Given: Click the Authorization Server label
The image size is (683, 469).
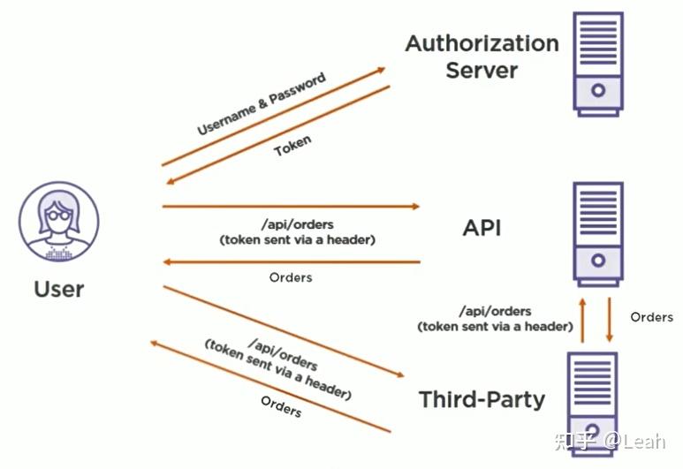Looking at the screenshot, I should pyautogui.click(x=482, y=57).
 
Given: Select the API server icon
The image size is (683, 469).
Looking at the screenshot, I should pyautogui.click(x=598, y=232).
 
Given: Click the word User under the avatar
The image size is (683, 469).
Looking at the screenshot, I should pyautogui.click(x=59, y=289).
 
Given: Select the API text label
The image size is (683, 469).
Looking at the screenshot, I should pyautogui.click(x=482, y=228).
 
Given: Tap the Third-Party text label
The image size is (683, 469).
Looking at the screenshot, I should pyautogui.click(x=482, y=399).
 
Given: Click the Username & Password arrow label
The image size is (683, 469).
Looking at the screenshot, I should pyautogui.click(x=262, y=104).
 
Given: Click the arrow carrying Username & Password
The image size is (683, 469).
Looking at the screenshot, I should pyautogui.click(x=274, y=117).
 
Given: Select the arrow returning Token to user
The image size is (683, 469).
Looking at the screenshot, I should pyautogui.click(x=279, y=134).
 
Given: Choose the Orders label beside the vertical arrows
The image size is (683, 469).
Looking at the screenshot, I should pyautogui.click(x=652, y=316).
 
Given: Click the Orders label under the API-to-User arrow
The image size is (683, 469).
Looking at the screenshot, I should pyautogui.click(x=290, y=277).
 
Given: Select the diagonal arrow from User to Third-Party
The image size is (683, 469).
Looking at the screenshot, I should pyautogui.click(x=283, y=331).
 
